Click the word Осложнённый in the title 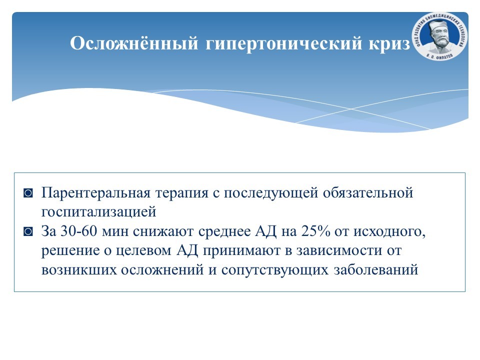pos(134,42)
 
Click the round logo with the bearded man pos(440,36)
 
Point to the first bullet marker pos(28,193)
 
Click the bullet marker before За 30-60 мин pos(28,231)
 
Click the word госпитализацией pos(98,212)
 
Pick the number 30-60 pos(78,231)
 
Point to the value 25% pos(315,231)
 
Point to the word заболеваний pos(376,269)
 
